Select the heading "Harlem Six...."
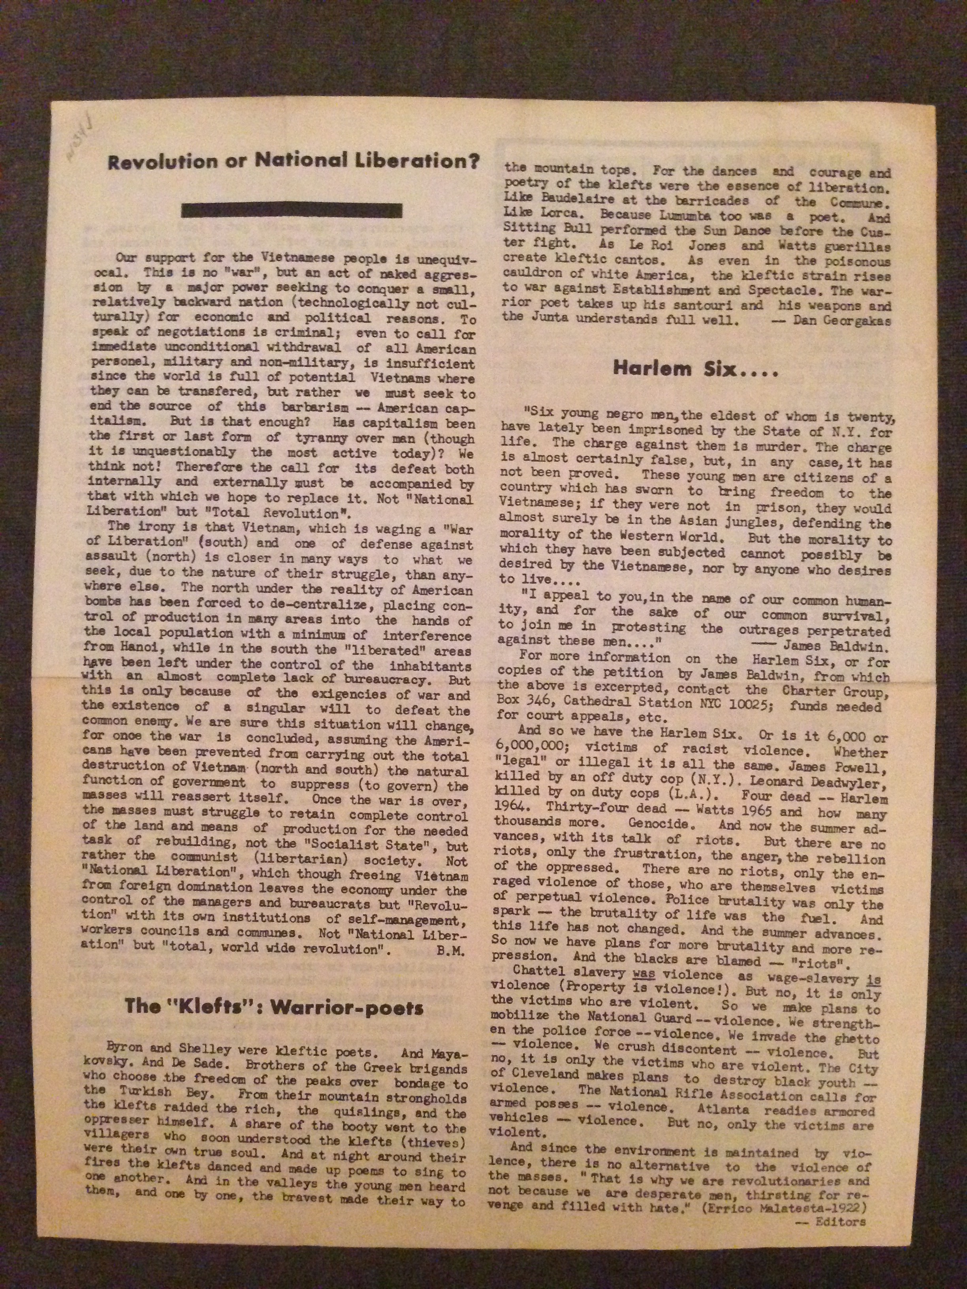coord(695,369)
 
